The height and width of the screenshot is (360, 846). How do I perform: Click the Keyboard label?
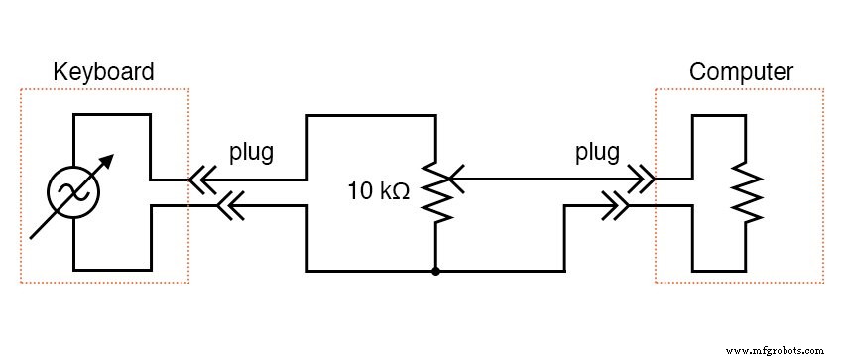coord(103,72)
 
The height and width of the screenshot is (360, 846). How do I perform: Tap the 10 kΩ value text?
coord(378,190)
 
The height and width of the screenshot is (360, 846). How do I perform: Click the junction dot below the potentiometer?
coord(435,270)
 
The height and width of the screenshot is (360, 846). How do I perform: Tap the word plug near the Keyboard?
coord(251,153)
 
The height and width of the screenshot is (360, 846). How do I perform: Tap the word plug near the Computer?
coord(597,153)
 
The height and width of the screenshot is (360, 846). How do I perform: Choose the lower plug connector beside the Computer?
coord(620,206)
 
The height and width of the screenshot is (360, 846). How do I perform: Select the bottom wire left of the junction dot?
coord(372,270)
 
